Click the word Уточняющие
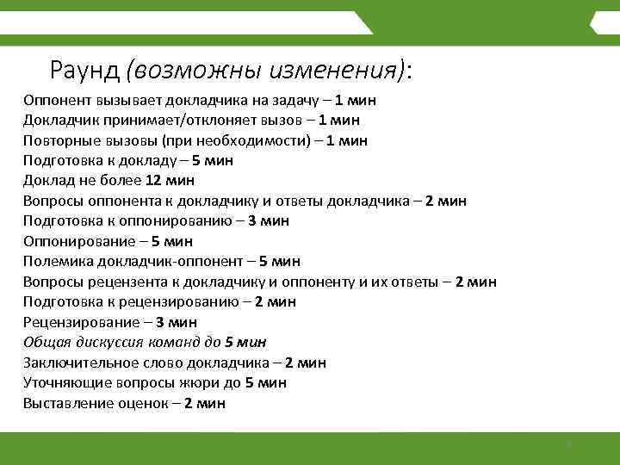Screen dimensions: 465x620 (63, 382)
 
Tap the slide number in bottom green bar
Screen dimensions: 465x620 (568, 445)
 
